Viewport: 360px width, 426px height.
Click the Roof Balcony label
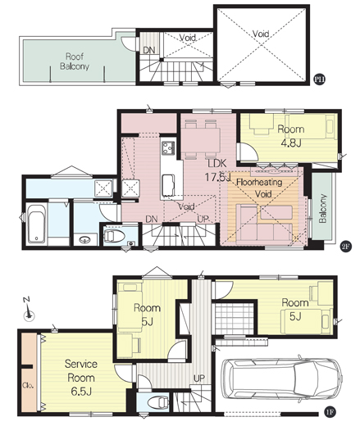pyautogui.click(x=75, y=61)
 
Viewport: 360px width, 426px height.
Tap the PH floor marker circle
pyautogui.click(x=319, y=79)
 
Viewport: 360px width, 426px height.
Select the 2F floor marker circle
pyautogui.click(x=345, y=247)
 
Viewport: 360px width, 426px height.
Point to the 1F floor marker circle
pyautogui.click(x=330, y=412)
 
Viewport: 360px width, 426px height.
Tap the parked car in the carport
pyautogui.click(x=281, y=378)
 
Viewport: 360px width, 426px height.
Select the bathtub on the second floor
pyautogui.click(x=37, y=224)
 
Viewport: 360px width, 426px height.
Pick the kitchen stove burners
pyautogui.click(x=168, y=147)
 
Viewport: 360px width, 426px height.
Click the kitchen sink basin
pyautogui.click(x=168, y=185)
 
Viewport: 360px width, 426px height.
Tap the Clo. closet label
pyautogui.click(x=28, y=386)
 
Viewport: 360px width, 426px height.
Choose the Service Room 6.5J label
pyautogui.click(x=81, y=378)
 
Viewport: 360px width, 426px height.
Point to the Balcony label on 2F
pyautogui.click(x=323, y=208)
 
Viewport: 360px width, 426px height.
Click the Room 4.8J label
pyautogui.click(x=291, y=136)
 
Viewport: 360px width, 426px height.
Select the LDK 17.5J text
pyautogui.click(x=218, y=170)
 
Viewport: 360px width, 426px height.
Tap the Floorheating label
pyautogui.click(x=259, y=182)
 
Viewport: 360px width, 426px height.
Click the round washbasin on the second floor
pyautogui.click(x=84, y=240)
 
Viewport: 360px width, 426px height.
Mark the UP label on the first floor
pyautogui.click(x=199, y=378)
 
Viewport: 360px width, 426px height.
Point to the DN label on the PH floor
pyautogui.click(x=149, y=50)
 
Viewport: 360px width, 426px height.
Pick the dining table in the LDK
pyautogui.click(x=201, y=140)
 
